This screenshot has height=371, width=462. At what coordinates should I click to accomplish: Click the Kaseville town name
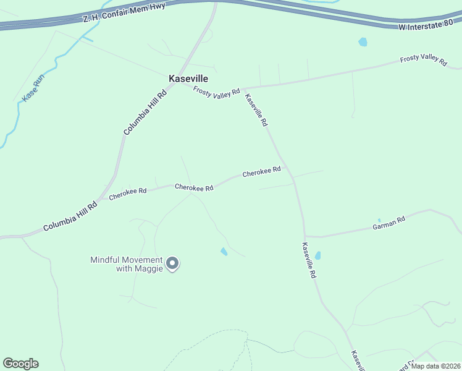188,79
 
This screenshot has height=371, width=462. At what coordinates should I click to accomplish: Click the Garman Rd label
388,223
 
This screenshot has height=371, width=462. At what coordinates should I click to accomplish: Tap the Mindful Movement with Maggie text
127,264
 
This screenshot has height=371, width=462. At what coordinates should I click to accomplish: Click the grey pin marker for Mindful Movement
173,263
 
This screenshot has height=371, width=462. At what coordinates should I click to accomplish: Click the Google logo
20,364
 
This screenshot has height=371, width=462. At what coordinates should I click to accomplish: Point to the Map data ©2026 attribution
436,366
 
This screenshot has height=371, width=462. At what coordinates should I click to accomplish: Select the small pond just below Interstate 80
363,42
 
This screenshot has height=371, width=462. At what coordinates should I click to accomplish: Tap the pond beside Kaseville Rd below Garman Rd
317,255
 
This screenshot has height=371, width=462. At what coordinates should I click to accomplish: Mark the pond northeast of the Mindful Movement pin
224,252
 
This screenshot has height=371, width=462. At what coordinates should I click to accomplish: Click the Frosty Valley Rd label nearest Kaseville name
216,92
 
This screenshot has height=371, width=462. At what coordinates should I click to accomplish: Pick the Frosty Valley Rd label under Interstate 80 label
423,60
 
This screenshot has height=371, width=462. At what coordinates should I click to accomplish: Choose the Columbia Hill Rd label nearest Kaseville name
145,111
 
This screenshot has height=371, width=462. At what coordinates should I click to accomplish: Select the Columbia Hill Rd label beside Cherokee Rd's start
70,216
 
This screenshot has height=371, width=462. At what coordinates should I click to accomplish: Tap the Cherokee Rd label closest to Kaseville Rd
261,172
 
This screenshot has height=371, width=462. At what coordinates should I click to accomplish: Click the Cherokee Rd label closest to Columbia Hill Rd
127,194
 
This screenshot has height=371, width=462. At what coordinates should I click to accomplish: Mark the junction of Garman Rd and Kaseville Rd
305,236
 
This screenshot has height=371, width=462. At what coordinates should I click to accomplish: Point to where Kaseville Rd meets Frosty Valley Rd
244,88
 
